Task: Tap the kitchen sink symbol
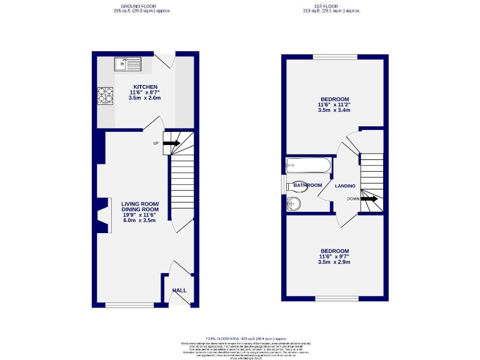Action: [129, 63]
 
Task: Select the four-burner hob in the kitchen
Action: [105, 94]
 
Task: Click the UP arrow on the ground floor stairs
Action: [172, 144]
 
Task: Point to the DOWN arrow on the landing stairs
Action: [369, 199]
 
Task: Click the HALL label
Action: [180, 291]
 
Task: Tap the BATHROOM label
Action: [307, 185]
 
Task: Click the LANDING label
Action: [345, 186]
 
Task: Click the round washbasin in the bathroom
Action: [294, 203]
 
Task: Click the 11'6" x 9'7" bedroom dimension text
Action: [334, 256]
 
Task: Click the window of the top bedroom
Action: [335, 57]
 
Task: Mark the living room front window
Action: [129, 305]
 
